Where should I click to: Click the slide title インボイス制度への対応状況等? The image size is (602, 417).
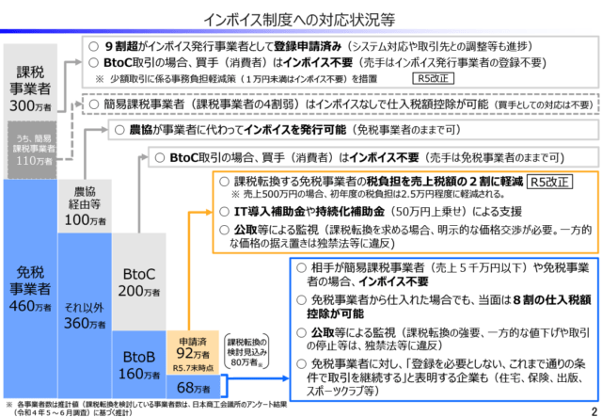click(301, 16)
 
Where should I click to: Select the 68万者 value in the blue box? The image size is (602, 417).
click(193, 388)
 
